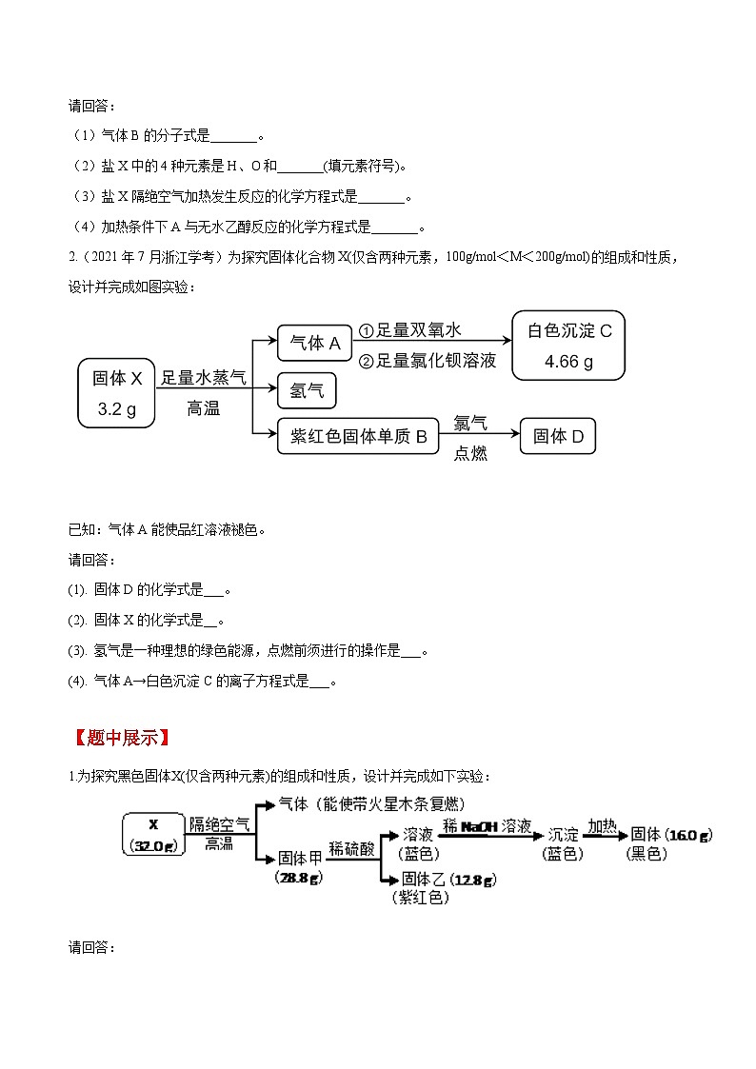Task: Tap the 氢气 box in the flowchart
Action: click(307, 390)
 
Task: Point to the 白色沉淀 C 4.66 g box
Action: click(568, 346)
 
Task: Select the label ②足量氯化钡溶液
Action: click(427, 362)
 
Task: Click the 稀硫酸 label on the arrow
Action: click(350, 820)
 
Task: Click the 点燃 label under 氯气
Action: click(470, 454)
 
